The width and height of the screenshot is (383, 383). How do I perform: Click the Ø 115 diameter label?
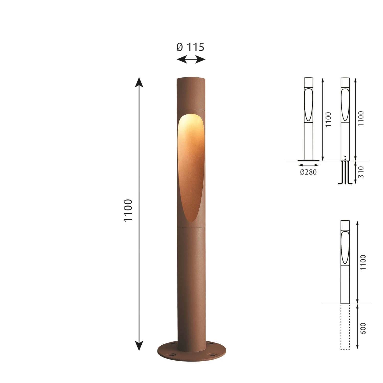(x=190, y=47)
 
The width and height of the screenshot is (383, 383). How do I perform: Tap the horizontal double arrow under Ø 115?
(x=191, y=60)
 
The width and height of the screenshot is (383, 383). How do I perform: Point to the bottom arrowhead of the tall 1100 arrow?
(x=139, y=346)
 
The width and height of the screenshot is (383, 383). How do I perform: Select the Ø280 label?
(x=308, y=172)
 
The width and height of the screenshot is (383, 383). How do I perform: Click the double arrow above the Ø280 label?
(x=308, y=165)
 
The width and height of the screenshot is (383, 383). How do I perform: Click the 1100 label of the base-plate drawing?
(x=328, y=119)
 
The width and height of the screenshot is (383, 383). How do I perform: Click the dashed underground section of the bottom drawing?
(x=345, y=327)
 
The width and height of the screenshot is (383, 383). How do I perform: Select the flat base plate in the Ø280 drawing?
(x=308, y=160)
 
